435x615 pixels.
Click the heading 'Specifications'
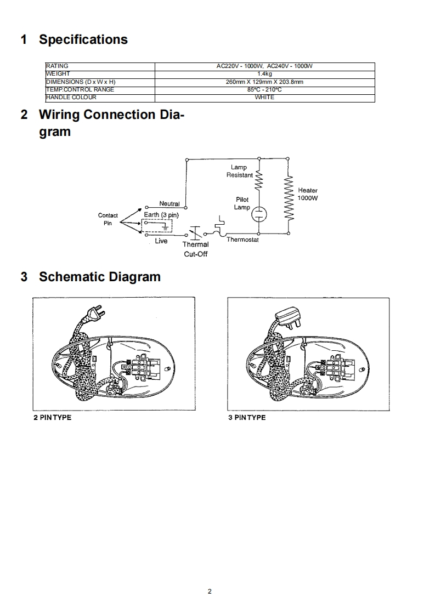point(83,39)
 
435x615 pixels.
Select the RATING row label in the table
point(57,66)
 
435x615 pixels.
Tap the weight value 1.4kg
point(264,74)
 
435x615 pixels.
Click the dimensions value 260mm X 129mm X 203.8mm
point(264,82)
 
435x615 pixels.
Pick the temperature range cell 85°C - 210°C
point(264,90)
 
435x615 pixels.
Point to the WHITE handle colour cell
point(264,98)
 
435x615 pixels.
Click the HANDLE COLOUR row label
point(71,98)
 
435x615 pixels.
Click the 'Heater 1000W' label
point(308,194)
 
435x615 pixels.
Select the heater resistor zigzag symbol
point(290,198)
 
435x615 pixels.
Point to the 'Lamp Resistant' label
point(240,171)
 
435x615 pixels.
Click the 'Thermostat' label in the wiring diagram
point(242,240)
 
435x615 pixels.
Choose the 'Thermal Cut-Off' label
point(196,249)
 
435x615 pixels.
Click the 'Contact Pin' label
point(108,219)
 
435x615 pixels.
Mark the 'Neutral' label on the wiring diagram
point(170,204)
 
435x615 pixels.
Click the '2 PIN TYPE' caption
point(53,418)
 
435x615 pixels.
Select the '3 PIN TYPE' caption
point(247,418)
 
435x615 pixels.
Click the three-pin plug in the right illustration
point(287,317)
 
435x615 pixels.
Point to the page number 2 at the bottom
point(210,591)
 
